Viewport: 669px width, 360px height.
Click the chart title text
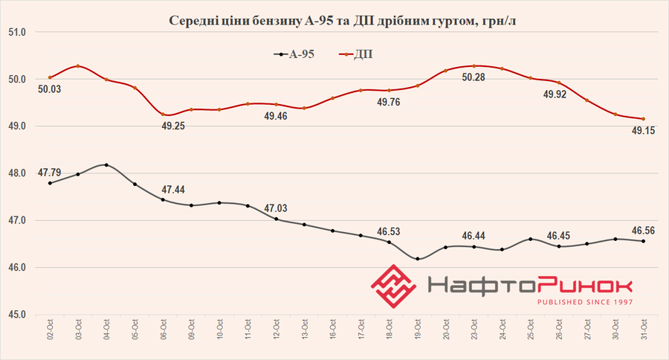(x=334, y=20)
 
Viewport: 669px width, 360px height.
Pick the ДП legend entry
(x=365, y=54)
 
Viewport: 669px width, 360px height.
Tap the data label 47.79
(x=49, y=171)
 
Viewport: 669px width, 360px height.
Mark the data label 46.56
(x=643, y=229)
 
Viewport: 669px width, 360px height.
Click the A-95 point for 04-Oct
(x=106, y=165)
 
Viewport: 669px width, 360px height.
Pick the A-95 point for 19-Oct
(x=417, y=259)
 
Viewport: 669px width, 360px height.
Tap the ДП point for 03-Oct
(x=78, y=66)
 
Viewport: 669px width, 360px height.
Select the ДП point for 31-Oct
(x=643, y=119)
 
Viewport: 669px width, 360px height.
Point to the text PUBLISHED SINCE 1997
(x=586, y=302)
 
